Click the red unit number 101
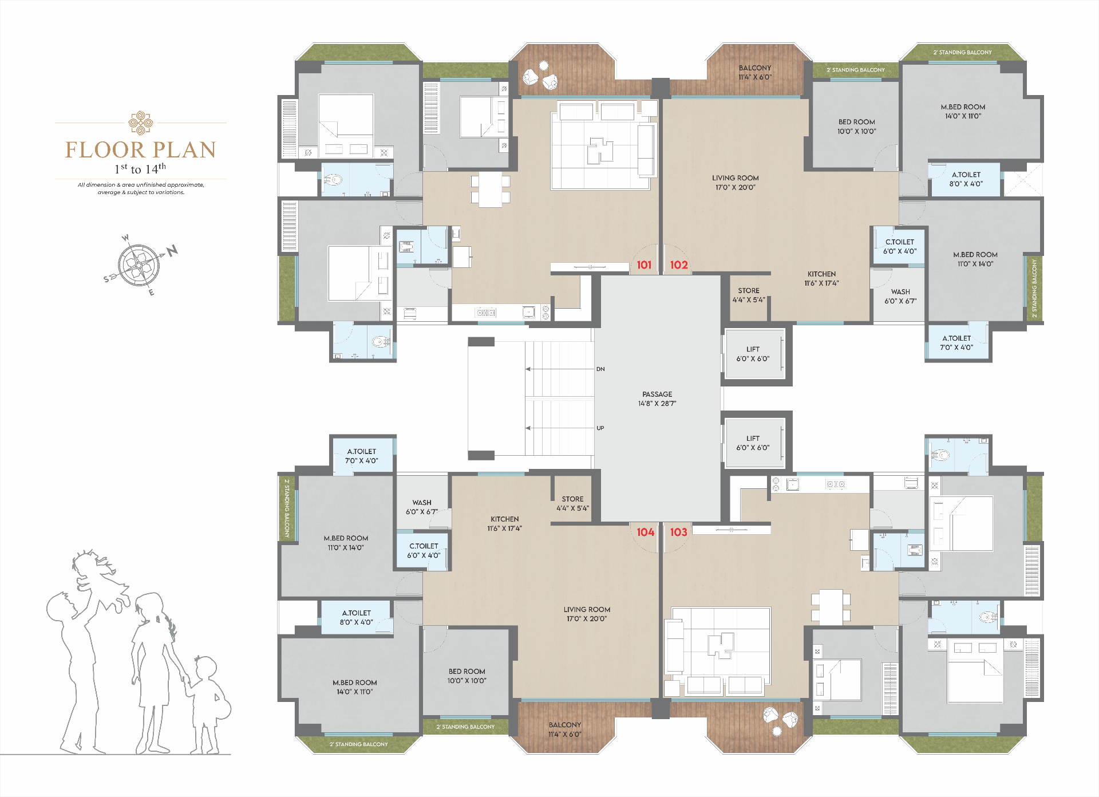coord(644,265)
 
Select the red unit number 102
coord(679,265)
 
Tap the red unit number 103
coord(679,532)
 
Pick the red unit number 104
coord(646,532)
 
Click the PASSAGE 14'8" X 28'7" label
coord(657,398)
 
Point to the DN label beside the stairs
coord(600,369)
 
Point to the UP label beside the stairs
coord(600,428)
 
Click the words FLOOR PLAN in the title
coord(141,150)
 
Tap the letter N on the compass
coord(172,250)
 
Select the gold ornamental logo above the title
coord(141,123)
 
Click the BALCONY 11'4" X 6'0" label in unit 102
coord(755,72)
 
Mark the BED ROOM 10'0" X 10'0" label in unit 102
coord(857,127)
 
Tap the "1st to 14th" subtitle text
coord(140,168)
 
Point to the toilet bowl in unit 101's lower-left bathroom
coord(379,342)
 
